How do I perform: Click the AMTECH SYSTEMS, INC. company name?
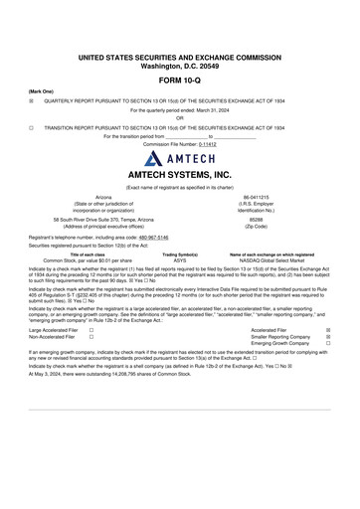tap(180, 174)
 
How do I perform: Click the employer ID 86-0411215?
tap(256, 198)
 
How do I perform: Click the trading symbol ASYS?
tap(180, 259)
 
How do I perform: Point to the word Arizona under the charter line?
tap(103, 198)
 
